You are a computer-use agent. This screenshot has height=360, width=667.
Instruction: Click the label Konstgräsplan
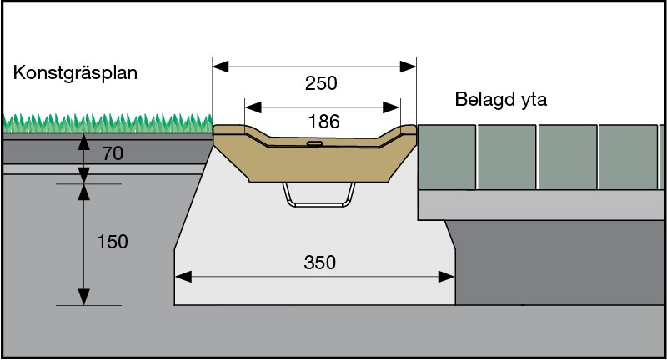75,73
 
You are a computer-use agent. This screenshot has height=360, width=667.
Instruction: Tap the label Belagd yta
506,100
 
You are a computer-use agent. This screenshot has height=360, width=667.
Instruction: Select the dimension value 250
321,84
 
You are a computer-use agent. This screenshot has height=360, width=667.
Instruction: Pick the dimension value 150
112,242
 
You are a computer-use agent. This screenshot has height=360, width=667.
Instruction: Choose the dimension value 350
319,262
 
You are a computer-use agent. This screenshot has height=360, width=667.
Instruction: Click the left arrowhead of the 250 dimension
219,66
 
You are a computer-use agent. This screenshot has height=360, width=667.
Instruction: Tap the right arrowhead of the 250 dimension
409,66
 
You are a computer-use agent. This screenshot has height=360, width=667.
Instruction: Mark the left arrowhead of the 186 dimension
251,107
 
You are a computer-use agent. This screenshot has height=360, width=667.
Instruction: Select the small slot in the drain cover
314,143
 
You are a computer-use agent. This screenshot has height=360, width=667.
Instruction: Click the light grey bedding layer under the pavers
534,203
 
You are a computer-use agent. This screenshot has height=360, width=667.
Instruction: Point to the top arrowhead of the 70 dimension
83,141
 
